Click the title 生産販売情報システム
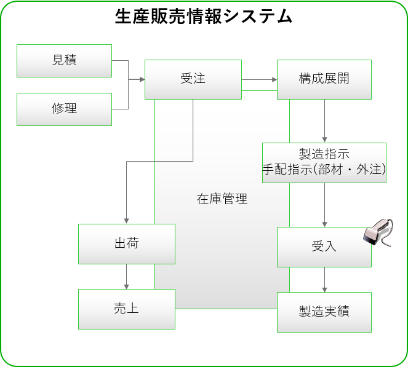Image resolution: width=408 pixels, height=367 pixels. (x=204, y=17)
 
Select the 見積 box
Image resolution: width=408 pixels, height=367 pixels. (x=64, y=60)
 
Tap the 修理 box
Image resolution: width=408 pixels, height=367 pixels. (x=64, y=109)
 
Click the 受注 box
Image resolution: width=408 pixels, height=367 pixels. (x=193, y=79)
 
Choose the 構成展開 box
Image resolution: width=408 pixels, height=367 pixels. (x=324, y=79)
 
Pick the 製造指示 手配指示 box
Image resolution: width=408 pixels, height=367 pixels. (x=324, y=162)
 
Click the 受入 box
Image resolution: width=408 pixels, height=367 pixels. (x=324, y=247)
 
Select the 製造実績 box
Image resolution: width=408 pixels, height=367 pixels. (x=324, y=312)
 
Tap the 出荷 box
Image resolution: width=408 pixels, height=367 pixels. (x=126, y=243)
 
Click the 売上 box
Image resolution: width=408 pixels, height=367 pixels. (x=126, y=308)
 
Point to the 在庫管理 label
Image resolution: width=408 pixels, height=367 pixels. (x=222, y=199)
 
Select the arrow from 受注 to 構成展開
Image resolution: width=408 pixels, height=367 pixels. (x=259, y=79)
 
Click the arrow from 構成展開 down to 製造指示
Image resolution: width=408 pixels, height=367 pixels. (x=324, y=121)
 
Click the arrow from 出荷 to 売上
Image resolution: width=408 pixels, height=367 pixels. (x=126, y=276)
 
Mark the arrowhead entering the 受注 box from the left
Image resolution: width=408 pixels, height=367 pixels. (x=141, y=79)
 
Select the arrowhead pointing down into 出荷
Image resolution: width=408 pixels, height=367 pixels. (x=126, y=221)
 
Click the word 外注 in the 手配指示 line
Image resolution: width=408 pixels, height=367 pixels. (x=367, y=171)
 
